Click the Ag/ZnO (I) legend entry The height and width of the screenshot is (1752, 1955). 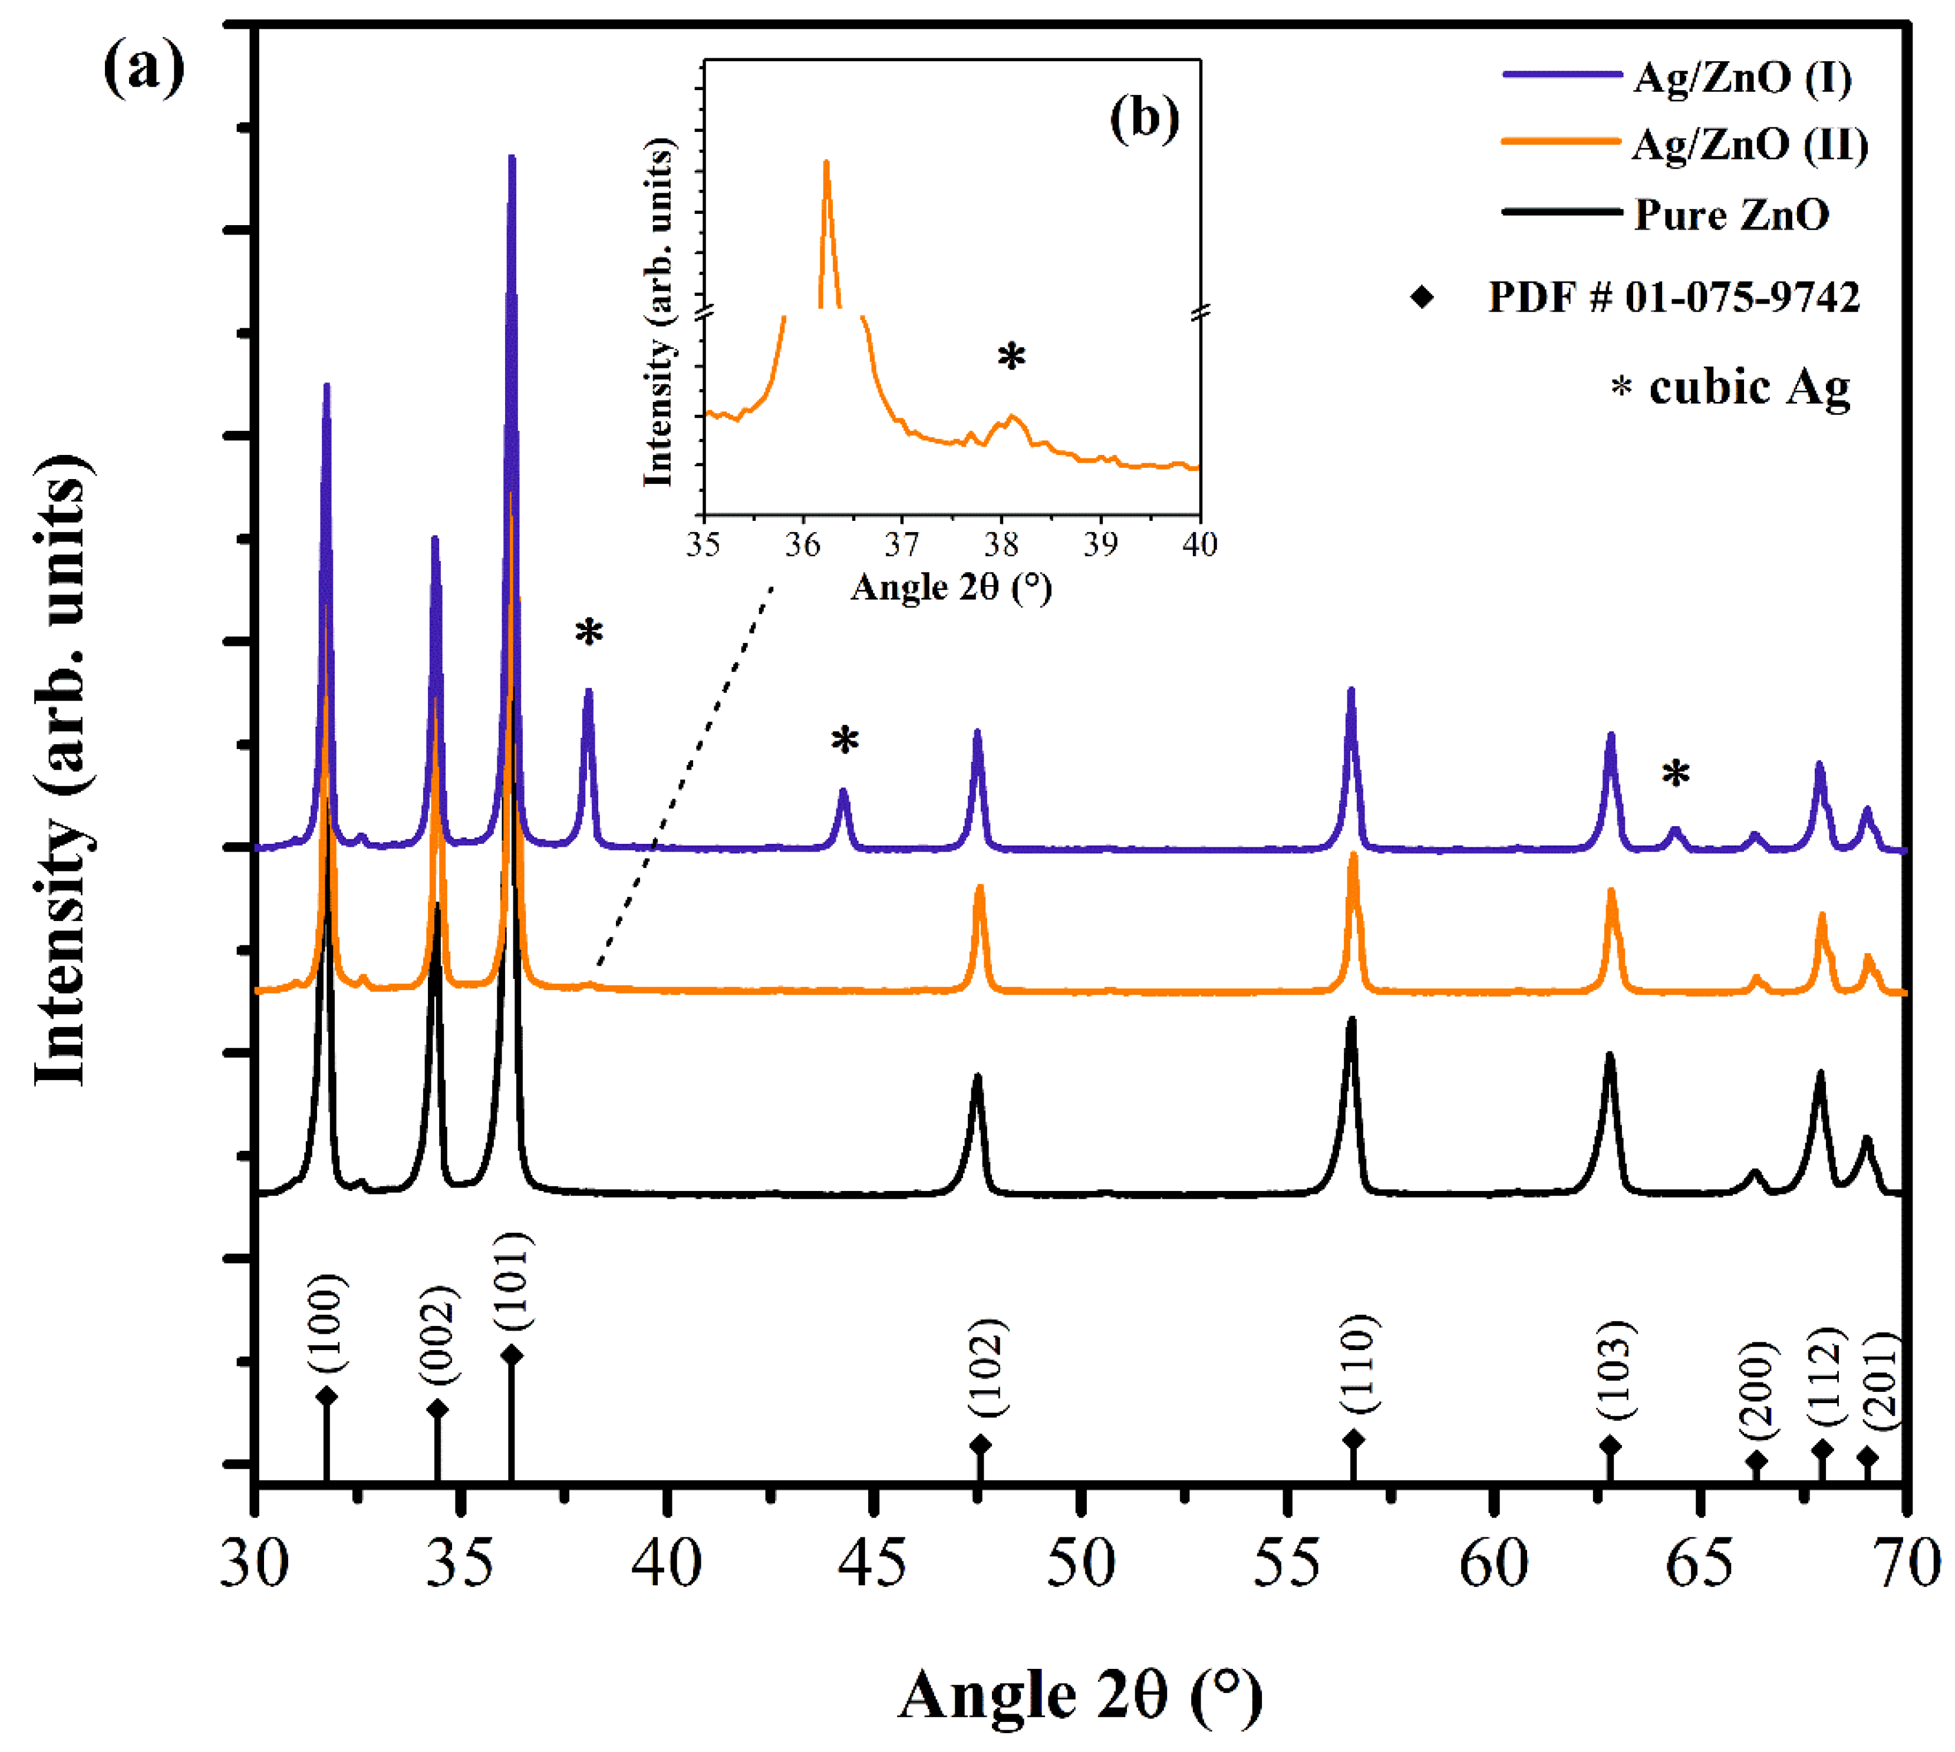[x=1740, y=77]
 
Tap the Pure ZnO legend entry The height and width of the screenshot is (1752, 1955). [x=1730, y=214]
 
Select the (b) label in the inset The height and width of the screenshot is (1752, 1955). [x=1143, y=120]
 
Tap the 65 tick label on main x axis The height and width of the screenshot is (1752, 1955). [x=1699, y=1564]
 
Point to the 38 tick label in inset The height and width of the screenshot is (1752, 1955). [x=1001, y=545]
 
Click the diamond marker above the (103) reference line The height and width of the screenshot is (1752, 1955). [x=1610, y=1446]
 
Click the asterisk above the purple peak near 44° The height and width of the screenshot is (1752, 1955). [x=844, y=742]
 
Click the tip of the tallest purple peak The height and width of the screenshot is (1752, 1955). [x=511, y=158]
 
